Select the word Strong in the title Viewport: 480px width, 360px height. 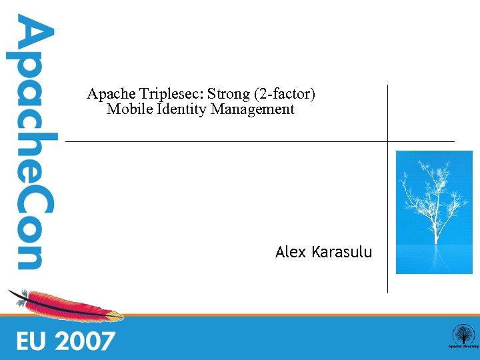(x=225, y=94)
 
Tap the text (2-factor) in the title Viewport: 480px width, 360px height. (x=284, y=94)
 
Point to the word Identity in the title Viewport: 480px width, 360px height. (x=182, y=109)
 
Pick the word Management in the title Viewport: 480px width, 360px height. (x=253, y=109)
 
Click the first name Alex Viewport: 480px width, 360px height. (x=290, y=252)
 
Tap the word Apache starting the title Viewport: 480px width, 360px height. (x=111, y=94)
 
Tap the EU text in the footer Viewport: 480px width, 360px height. (x=33, y=341)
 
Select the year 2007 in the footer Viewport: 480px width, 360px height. (x=85, y=341)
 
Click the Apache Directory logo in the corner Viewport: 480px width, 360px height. (x=462, y=337)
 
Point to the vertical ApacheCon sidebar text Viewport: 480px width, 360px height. (x=29, y=143)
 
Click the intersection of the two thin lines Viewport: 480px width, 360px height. (x=387, y=141)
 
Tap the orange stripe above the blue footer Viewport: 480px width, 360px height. (x=267, y=315)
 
